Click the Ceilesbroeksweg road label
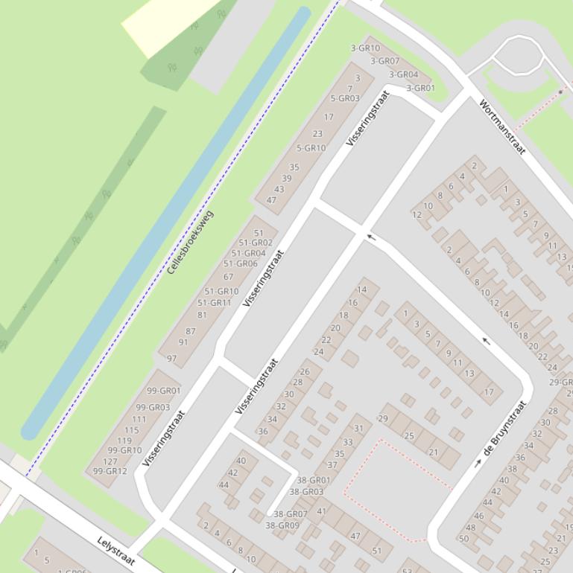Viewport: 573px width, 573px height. [191, 242]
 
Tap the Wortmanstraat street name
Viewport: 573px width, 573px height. [502, 127]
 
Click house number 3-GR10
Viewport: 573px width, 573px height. [365, 48]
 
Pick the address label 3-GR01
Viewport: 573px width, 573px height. [420, 88]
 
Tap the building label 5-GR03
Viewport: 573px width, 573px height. [344, 98]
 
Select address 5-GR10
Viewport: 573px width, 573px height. [311, 148]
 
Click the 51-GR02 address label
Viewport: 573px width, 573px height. [256, 243]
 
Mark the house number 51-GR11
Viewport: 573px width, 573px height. [215, 303]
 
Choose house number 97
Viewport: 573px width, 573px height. [172, 359]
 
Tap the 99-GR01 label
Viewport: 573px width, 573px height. [163, 391]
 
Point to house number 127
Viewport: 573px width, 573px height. [110, 461]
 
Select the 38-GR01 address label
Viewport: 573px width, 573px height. [314, 481]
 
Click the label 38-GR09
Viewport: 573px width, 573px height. [282, 525]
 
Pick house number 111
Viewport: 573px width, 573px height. [139, 420]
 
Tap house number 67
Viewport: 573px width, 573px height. [228, 277]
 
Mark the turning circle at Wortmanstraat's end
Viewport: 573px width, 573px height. [519, 55]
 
